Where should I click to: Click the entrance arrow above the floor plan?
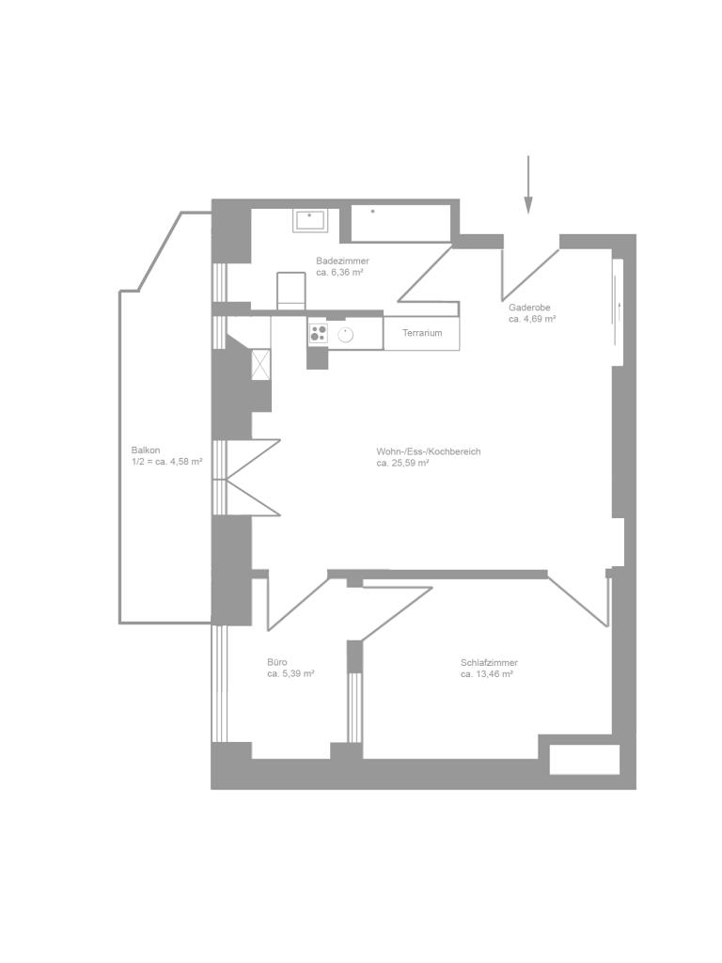pyautogui.click(x=528, y=184)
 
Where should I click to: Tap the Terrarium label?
pyautogui.click(x=422, y=333)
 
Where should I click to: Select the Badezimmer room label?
pyautogui.click(x=342, y=261)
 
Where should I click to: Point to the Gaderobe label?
pyautogui.click(x=529, y=308)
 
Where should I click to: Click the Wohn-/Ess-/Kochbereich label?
pyautogui.click(x=429, y=451)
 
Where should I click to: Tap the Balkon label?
pyautogui.click(x=146, y=450)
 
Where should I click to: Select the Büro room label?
pyautogui.click(x=277, y=662)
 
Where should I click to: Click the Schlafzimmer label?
pyautogui.click(x=489, y=663)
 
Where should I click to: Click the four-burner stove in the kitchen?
pyautogui.click(x=318, y=334)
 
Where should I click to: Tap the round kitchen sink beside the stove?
pyautogui.click(x=346, y=335)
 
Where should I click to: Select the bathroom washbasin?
pyautogui.click(x=310, y=220)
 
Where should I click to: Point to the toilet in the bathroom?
pyautogui.click(x=291, y=292)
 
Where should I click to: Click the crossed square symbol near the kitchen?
pyautogui.click(x=261, y=364)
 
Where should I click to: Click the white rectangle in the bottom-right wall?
pyautogui.click(x=584, y=759)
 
